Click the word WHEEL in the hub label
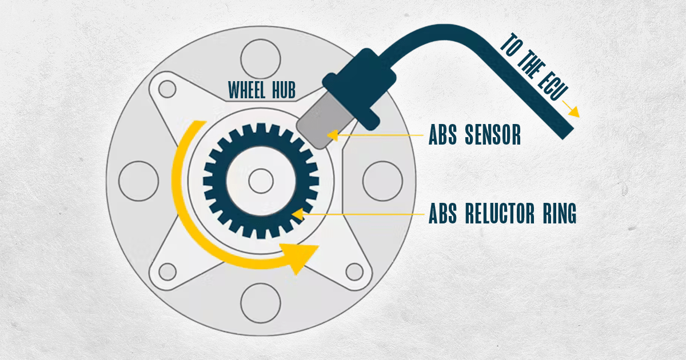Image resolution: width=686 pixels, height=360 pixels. point(247,90)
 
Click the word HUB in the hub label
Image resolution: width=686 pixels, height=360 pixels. point(284,90)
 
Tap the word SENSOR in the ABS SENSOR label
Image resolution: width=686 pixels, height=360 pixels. point(493,135)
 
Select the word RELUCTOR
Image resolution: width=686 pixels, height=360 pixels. point(500,213)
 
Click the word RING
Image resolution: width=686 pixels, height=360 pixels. point(560,213)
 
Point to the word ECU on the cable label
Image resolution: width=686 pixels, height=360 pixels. point(553,85)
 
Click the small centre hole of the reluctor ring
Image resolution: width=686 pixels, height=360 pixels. point(261,181)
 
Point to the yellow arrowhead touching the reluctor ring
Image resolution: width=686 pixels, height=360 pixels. point(298,214)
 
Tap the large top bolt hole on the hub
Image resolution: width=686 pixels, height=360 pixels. point(261,59)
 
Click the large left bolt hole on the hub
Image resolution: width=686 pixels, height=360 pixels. point(138,181)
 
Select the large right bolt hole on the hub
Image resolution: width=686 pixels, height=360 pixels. point(383,181)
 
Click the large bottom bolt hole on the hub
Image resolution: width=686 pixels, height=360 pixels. point(261,303)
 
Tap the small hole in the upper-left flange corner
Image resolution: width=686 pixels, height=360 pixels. point(167,89)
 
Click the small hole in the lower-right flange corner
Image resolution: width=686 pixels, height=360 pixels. point(354,272)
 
